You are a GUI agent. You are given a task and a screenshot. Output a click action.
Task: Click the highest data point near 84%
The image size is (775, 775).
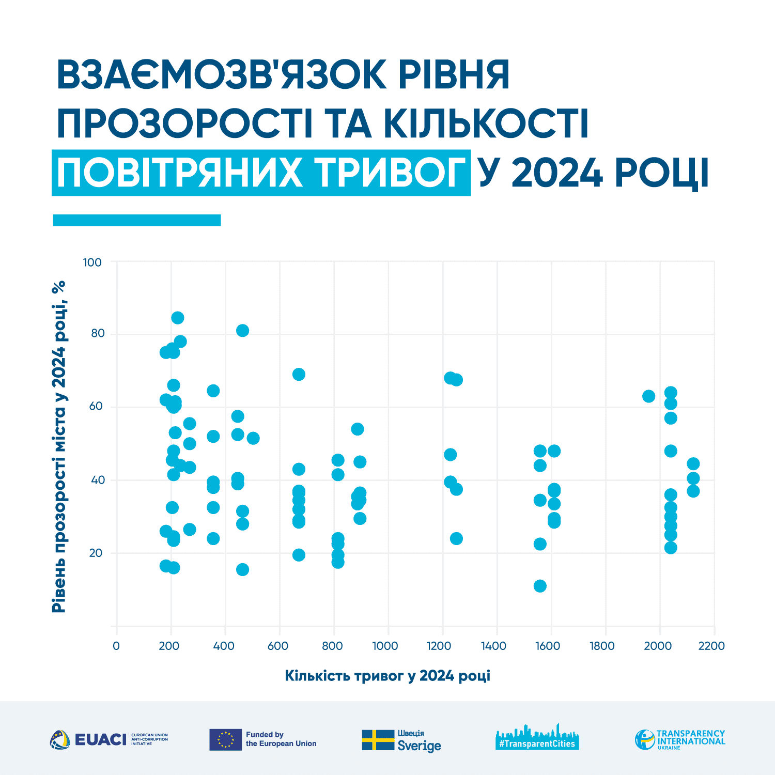tap(177, 318)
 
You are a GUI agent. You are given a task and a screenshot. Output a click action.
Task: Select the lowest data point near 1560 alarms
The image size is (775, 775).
tap(540, 586)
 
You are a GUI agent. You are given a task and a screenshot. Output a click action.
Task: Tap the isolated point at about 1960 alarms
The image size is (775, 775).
tap(648, 396)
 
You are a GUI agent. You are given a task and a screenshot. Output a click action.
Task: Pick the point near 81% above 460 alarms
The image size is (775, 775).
tap(242, 331)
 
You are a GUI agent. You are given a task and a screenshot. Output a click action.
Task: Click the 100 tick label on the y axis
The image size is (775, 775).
tap(92, 262)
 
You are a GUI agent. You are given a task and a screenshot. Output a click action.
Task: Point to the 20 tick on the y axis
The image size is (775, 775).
tap(96, 553)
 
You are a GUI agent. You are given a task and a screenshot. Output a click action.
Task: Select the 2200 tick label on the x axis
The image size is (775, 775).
tap(711, 646)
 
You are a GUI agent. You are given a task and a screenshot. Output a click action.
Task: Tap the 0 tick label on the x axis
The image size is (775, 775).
tap(116, 646)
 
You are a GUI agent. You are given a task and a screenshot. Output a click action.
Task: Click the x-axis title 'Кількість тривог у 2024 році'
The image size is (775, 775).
tap(388, 676)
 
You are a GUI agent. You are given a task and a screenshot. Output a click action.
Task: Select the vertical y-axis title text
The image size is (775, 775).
tap(59, 447)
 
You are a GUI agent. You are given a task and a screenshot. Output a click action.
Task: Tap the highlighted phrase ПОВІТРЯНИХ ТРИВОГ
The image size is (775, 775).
tap(261, 173)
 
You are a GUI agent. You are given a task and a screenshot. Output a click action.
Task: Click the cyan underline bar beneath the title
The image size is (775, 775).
tap(137, 220)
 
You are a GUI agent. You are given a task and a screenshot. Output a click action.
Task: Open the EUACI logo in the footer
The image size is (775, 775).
tap(109, 739)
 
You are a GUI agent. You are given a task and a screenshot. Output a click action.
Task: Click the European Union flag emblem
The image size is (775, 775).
tap(225, 739)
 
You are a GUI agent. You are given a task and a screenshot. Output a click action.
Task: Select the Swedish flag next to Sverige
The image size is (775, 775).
tap(378, 740)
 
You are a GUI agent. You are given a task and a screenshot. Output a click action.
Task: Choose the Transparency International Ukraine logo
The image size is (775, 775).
tap(680, 739)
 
